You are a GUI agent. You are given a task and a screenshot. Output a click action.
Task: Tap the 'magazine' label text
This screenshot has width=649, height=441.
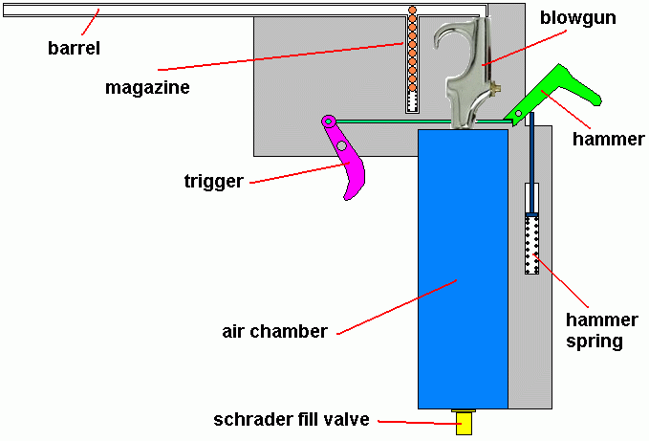148,87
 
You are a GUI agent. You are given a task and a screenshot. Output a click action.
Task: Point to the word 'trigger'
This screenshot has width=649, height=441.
213,180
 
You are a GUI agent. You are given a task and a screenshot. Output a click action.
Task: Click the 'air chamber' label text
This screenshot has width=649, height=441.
275,332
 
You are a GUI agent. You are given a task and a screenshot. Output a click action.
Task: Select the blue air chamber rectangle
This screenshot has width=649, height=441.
463,268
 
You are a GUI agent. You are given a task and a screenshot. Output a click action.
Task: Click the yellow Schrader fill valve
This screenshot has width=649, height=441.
464,423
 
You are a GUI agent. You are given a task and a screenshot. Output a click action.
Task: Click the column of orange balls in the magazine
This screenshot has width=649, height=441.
412,48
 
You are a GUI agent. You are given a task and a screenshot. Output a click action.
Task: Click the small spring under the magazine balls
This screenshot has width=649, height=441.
412,101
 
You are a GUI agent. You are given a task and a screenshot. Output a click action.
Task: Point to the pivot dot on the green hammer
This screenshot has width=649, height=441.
518,115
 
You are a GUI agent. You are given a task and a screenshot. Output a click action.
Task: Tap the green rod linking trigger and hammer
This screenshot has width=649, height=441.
421,121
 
